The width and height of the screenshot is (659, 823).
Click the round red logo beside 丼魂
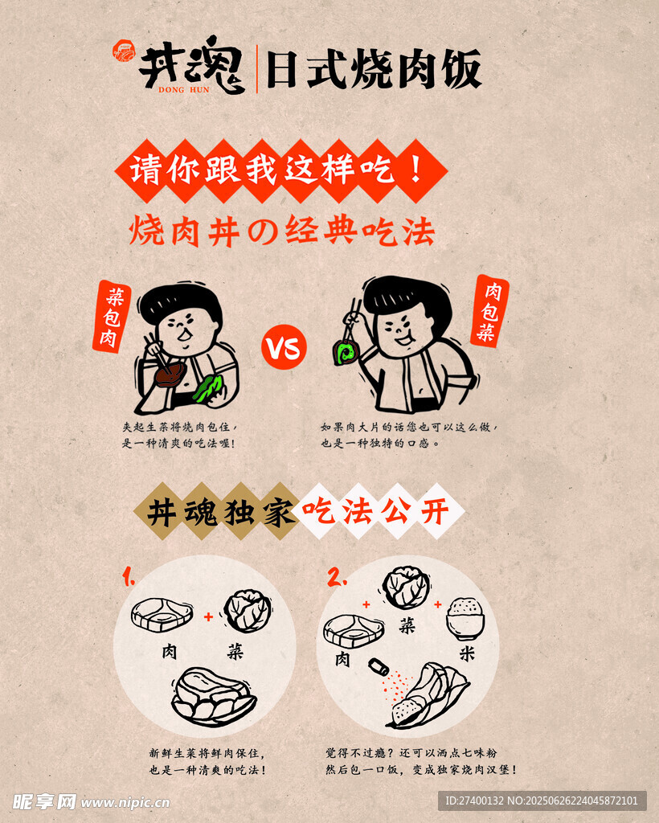click(124, 51)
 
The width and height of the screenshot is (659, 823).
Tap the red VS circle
click(284, 347)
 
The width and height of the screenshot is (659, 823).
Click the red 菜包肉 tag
click(112, 317)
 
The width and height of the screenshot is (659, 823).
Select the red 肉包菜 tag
click(490, 311)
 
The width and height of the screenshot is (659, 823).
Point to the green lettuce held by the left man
click(209, 389)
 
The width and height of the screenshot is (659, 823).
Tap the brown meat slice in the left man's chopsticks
click(170, 374)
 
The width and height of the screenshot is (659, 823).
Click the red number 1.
click(129, 575)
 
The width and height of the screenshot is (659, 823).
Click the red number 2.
click(337, 576)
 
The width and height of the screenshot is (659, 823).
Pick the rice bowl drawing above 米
click(465, 619)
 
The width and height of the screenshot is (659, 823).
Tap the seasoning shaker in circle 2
click(379, 667)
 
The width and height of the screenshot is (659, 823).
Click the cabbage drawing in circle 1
click(248, 611)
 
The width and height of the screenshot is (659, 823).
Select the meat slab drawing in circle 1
click(162, 614)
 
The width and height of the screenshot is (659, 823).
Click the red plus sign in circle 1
click(209, 616)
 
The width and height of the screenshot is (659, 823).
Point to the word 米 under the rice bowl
click(466, 653)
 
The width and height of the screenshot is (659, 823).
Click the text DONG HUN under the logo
click(184, 90)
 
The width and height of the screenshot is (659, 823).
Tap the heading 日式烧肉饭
click(374, 69)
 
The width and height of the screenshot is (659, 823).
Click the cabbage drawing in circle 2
click(406, 588)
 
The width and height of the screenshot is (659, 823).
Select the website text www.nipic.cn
click(125, 803)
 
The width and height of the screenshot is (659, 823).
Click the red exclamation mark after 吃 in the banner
click(416, 169)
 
